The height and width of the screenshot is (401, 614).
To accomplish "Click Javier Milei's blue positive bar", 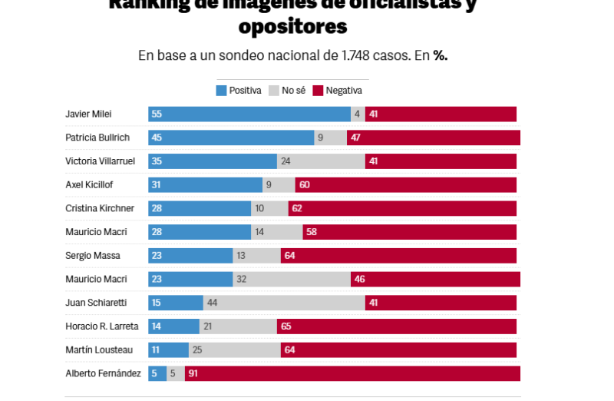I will [249, 114].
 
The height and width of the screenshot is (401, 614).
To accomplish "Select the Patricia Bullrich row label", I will [97, 138].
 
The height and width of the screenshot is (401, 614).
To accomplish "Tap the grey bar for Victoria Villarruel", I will [321, 161].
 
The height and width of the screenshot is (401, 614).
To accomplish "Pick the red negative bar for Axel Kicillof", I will [405, 185].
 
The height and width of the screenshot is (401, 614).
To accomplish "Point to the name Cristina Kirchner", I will [100, 208].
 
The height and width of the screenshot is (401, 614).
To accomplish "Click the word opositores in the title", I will [292, 27].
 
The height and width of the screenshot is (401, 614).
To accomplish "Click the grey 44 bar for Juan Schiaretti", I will [284, 303].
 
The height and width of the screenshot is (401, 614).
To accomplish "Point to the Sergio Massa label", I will [93, 256].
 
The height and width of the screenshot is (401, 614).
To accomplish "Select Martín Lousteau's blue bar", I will [168, 350].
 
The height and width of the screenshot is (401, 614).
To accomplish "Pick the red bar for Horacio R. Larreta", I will [396, 326].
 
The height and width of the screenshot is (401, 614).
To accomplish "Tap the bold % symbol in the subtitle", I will [440, 55].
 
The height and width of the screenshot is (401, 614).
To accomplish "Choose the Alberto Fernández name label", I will [103, 374].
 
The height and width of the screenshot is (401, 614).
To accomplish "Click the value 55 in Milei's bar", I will [157, 114].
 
